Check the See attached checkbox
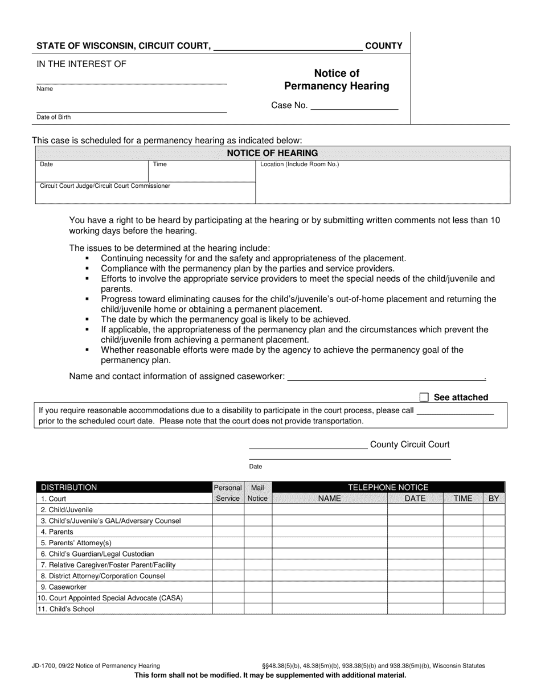[x=424, y=397]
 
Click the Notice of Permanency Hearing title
[x=337, y=80]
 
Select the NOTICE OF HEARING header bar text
[x=272, y=153]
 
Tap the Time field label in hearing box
[x=160, y=164]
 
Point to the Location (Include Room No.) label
[x=300, y=164]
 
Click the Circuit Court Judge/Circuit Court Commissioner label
[x=105, y=186]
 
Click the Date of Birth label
[x=54, y=117]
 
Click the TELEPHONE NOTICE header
[x=388, y=487]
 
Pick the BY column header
[x=493, y=499]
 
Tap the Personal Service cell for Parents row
[x=228, y=532]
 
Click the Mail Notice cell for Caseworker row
[x=258, y=587]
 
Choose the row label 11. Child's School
[x=67, y=609]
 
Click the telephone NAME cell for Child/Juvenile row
[x=329, y=510]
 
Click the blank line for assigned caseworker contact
[x=386, y=376]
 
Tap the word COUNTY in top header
[x=383, y=46]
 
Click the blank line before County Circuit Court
[x=308, y=445]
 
